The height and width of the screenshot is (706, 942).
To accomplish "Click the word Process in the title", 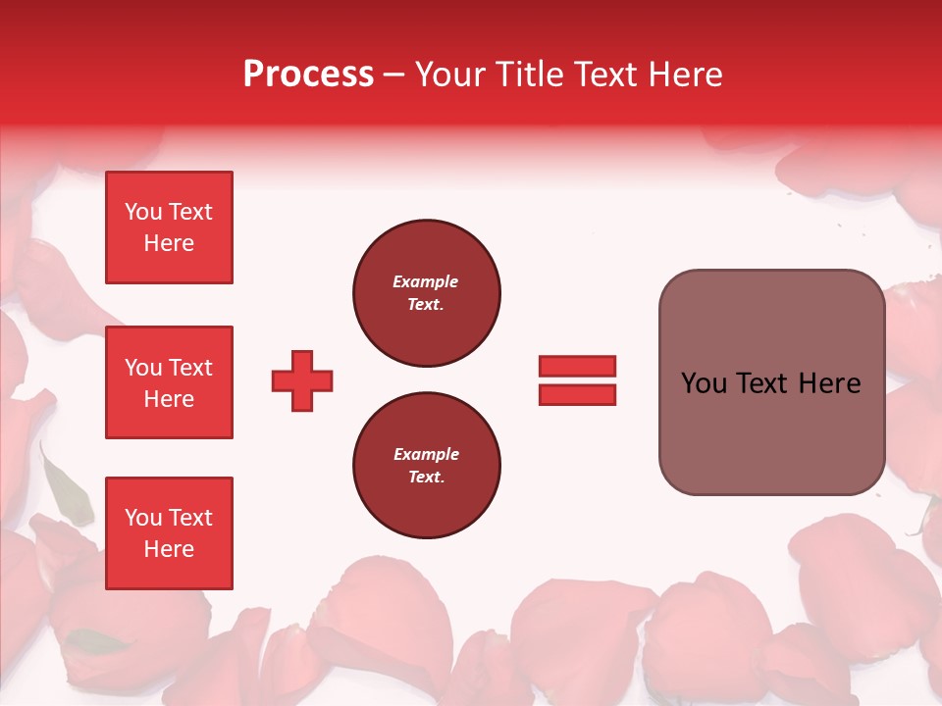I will tap(308, 75).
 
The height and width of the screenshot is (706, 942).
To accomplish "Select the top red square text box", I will tap(169, 227).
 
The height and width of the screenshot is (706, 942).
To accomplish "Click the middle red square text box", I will tap(169, 382).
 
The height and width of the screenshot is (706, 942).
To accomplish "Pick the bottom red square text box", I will tap(169, 533).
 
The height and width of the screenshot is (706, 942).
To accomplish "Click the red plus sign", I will tap(302, 380).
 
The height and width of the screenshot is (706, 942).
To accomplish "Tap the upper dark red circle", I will tap(426, 293).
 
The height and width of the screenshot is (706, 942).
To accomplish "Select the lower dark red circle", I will tap(426, 466).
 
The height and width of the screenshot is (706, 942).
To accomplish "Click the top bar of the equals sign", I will tap(577, 367).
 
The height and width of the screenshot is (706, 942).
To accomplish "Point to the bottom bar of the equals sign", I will tap(577, 394).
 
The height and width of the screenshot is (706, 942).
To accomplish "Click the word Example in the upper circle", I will tap(425, 282).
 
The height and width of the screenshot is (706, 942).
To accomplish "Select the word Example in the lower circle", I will tap(425, 455).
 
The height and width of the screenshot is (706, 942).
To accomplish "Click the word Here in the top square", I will tap(169, 243).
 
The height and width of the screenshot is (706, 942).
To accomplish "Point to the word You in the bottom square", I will tap(142, 518).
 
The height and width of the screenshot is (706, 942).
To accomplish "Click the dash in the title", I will tap(394, 76).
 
